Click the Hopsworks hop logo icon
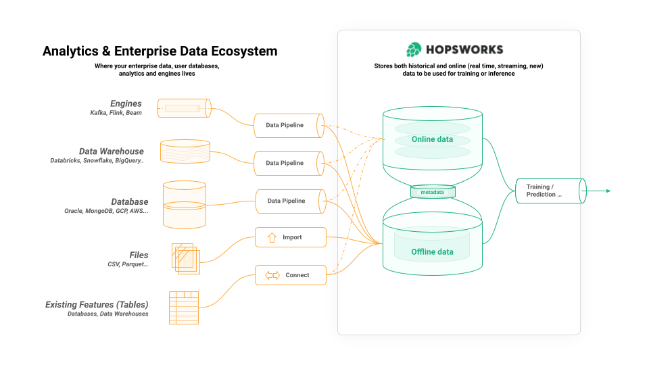pyautogui.click(x=414, y=49)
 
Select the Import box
pyautogui.click(x=291, y=237)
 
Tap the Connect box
pyautogui.click(x=291, y=275)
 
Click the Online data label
pyautogui.click(x=432, y=140)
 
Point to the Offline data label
pyautogui.click(x=432, y=252)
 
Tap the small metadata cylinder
pyautogui.click(x=432, y=192)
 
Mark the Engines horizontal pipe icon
pyautogui.click(x=184, y=108)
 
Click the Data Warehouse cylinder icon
pyautogui.click(x=185, y=151)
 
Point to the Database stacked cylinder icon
pyautogui.click(x=185, y=204)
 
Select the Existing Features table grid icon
pyautogui.click(x=183, y=308)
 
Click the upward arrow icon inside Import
pyautogui.click(x=272, y=237)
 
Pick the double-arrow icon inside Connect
pyautogui.click(x=272, y=275)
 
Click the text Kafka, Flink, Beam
pyautogui.click(x=116, y=113)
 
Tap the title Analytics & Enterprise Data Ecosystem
pyautogui.click(x=160, y=51)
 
